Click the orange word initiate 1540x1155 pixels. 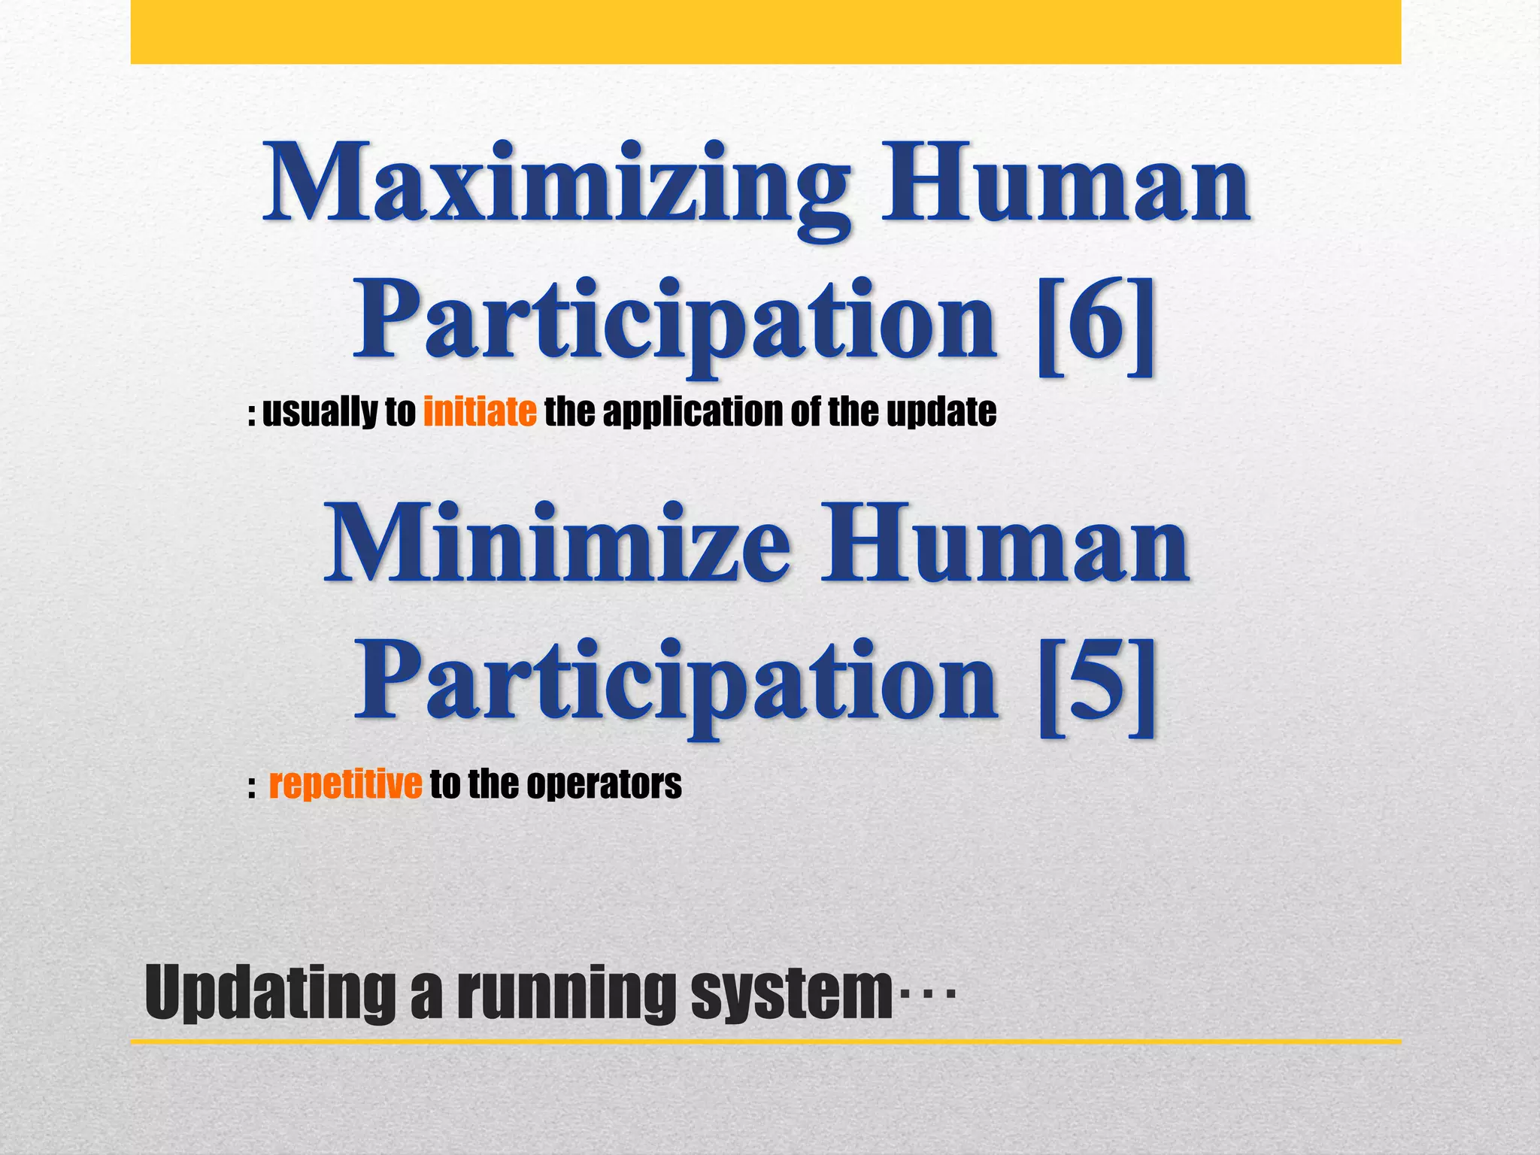(480, 412)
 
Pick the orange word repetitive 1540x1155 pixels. (345, 784)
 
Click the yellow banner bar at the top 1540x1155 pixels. (765, 32)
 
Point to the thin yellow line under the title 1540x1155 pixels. (765, 1041)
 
